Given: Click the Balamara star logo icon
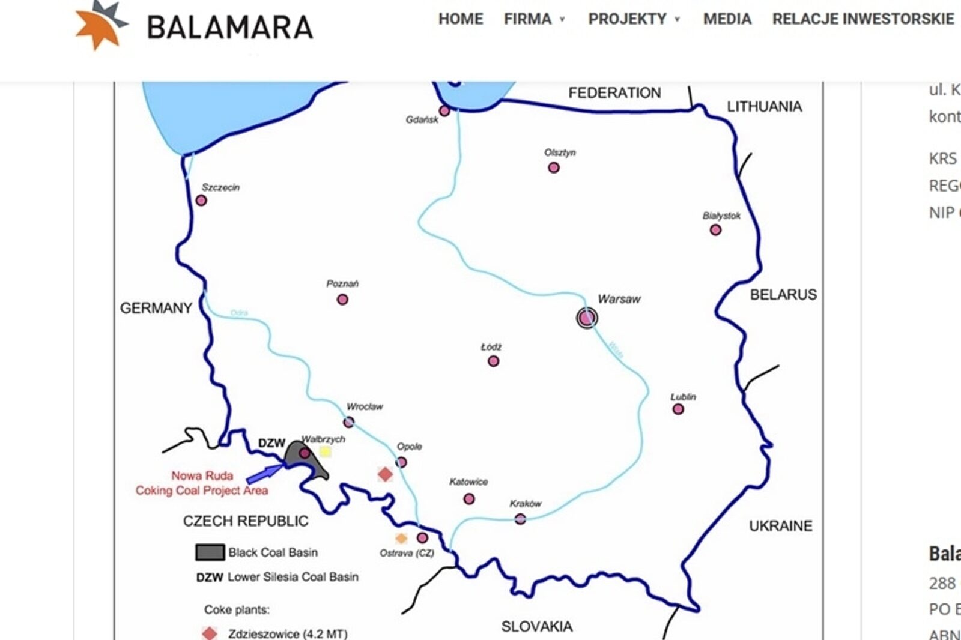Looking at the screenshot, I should (x=100, y=25).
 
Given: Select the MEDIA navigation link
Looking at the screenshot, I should (x=727, y=19).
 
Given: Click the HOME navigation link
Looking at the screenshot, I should (x=460, y=19).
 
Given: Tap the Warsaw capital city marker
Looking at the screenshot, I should (x=587, y=318).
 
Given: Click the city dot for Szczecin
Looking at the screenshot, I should (x=201, y=201).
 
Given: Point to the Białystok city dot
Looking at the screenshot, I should (x=715, y=230).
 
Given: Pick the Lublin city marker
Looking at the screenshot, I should (x=678, y=409).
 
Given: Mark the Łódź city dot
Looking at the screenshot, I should (x=493, y=361).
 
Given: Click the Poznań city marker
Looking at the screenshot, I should (x=342, y=299).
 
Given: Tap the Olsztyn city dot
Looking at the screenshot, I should (x=554, y=168).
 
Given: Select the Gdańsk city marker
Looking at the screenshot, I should (x=444, y=111).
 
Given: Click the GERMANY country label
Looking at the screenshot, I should (x=156, y=308).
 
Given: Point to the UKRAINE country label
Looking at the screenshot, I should (x=780, y=526).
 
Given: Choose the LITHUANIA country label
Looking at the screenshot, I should (x=764, y=107).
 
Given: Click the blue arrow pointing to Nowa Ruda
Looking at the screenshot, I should (x=265, y=473).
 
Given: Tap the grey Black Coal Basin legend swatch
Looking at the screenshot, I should (x=210, y=552).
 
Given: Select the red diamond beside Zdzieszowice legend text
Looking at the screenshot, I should (x=210, y=633).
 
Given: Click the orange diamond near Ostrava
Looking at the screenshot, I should (x=401, y=538).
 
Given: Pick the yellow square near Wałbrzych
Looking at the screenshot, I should (x=325, y=452).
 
